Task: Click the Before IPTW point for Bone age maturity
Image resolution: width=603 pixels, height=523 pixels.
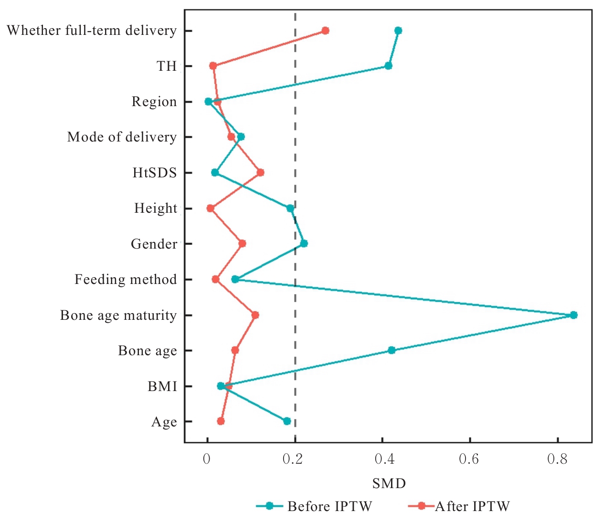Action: coord(573,315)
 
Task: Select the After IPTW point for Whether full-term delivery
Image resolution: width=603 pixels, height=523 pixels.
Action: coord(325,31)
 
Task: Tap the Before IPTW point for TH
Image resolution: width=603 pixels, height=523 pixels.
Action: coord(388,65)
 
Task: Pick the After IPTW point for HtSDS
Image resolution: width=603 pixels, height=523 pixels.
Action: coord(260,173)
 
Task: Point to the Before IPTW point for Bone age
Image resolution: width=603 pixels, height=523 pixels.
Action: coord(391,350)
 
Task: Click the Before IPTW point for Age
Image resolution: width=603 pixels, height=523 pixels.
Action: coord(286,421)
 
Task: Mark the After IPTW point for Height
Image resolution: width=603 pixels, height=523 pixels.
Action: coord(210,208)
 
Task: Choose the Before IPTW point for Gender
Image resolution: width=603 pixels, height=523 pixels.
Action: coord(304,243)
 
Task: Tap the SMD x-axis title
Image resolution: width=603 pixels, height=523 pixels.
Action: coord(389,484)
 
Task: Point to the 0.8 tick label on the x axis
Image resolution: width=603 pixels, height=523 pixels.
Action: coord(557,459)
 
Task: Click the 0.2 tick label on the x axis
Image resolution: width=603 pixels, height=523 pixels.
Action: coord(295,459)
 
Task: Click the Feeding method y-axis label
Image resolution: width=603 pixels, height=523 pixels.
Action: coord(126,279)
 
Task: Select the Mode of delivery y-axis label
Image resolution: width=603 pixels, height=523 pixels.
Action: coord(122,137)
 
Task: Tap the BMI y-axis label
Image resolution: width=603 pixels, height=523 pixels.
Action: coord(162,386)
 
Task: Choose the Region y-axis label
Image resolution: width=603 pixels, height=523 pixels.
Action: coord(154,102)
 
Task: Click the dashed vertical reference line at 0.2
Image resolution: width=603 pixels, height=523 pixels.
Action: coord(295,143)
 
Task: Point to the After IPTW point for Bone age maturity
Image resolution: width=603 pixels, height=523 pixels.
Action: coord(255,315)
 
